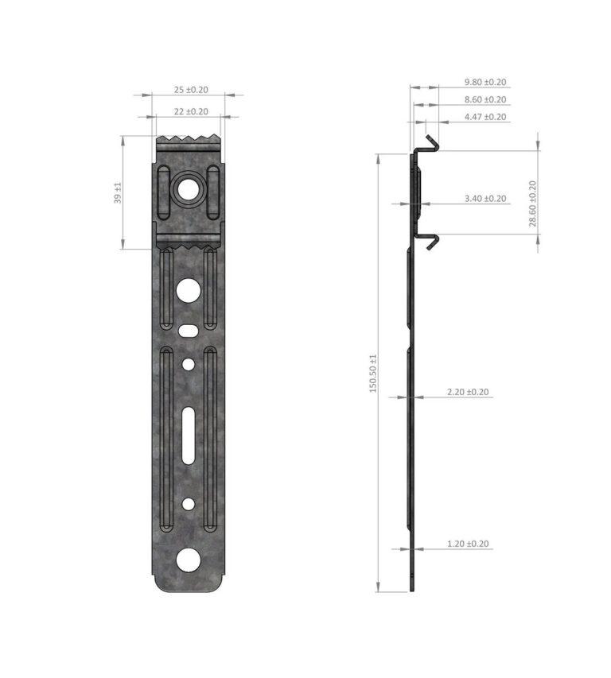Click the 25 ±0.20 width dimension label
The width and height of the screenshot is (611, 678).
point(191,90)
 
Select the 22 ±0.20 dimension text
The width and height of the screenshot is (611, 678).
point(191,112)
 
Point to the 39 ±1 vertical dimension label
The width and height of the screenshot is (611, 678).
point(118,193)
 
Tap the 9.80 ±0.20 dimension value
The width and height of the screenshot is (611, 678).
point(485,82)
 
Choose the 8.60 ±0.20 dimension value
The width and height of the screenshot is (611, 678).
point(485,99)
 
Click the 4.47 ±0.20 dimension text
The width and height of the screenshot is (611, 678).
point(485,117)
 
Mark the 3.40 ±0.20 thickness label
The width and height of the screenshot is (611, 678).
point(485,199)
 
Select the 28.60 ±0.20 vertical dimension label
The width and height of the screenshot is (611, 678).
point(533,203)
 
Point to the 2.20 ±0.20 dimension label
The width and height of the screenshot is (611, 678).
point(469,392)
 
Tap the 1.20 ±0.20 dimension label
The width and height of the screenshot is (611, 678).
point(469,544)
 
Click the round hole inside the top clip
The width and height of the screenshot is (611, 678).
point(189,190)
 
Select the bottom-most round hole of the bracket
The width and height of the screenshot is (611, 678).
point(189,560)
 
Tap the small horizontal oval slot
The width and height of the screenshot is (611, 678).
point(189,329)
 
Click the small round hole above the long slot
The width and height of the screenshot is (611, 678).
point(189,364)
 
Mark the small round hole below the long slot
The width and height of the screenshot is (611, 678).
point(189,504)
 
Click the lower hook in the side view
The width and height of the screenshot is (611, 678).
point(430,240)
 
